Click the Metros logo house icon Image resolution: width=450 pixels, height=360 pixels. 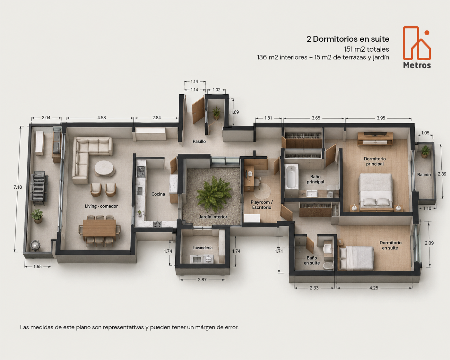pyautogui.click(x=417, y=43)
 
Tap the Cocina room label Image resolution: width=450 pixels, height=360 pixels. pyautogui.click(x=158, y=194)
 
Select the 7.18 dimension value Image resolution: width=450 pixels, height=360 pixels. pyautogui.click(x=18, y=187)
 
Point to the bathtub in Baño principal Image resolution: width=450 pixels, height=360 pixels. pyautogui.click(x=291, y=177)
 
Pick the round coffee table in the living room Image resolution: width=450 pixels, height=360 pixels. pyautogui.click(x=104, y=168)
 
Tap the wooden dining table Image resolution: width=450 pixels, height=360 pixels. pyautogui.click(x=99, y=228)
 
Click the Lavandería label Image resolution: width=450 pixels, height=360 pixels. pyautogui.click(x=203, y=248)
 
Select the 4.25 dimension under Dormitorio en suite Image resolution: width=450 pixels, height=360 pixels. pyautogui.click(x=374, y=288)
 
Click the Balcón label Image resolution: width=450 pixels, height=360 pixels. pyautogui.click(x=424, y=175)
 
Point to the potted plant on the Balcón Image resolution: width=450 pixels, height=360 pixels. pyautogui.click(x=425, y=151)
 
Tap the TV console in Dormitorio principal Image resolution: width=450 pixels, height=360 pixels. pyautogui.click(x=375, y=139)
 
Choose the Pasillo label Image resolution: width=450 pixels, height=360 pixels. pyautogui.click(x=199, y=141)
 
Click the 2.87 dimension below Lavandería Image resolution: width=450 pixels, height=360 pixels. pyautogui.click(x=202, y=279)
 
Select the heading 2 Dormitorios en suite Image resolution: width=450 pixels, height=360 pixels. pyautogui.click(x=348, y=39)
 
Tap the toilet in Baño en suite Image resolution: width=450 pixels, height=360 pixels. pyautogui.click(x=327, y=266)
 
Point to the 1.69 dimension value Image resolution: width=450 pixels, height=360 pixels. pyautogui.click(x=235, y=112)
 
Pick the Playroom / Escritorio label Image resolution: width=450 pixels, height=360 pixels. pyautogui.click(x=262, y=205)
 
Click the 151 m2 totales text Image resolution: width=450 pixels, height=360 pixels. pyautogui.click(x=367, y=49)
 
